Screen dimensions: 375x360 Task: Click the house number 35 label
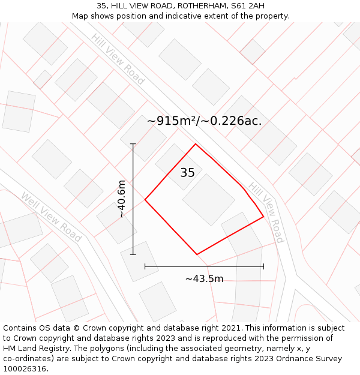pyautogui.click(x=187, y=173)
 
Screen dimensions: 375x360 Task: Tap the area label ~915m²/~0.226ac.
pyautogui.click(x=204, y=121)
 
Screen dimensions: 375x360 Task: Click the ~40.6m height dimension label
pyautogui.click(x=122, y=199)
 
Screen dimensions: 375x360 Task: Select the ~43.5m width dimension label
pyautogui.click(x=204, y=278)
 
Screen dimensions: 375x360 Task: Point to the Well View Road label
pyautogui.click(x=51, y=217)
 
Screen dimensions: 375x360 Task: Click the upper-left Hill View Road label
pyautogui.click(x=118, y=59)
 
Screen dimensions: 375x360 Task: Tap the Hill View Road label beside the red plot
pyautogui.click(x=266, y=212)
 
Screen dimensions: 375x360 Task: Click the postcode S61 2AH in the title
pyautogui.click(x=248, y=6)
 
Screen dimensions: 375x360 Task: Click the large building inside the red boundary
pyautogui.click(x=208, y=200)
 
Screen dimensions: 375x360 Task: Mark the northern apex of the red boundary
pyautogui.click(x=195, y=144)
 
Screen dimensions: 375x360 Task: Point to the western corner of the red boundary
pyautogui.click(x=145, y=199)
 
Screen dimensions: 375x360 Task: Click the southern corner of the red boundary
pyautogui.click(x=197, y=254)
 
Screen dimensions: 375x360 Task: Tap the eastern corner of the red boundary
pyautogui.click(x=263, y=217)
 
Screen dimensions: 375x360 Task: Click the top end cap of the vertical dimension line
pyautogui.click(x=133, y=144)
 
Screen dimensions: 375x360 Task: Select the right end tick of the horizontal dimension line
pyautogui.click(x=263, y=266)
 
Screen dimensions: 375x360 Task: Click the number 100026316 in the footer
pyautogui.click(x=23, y=369)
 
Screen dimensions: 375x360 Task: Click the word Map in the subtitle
pyautogui.click(x=80, y=16)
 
